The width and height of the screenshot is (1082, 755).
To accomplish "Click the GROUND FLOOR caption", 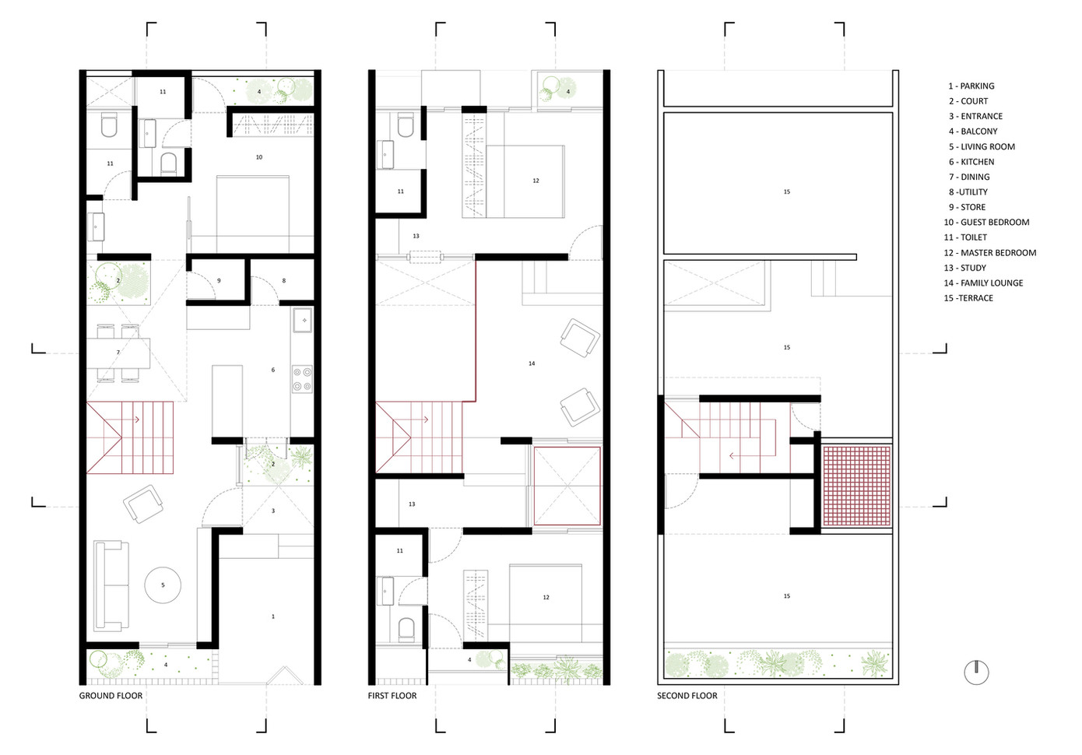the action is (111, 696).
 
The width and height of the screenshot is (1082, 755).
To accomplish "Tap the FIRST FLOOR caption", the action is (392, 696).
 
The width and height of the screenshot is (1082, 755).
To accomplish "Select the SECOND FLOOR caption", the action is (687, 696).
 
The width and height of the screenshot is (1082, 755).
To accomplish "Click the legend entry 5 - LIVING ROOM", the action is (982, 146).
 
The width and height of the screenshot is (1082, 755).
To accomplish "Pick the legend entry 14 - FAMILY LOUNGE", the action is (983, 283).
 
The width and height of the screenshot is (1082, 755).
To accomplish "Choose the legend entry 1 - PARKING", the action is (971, 86).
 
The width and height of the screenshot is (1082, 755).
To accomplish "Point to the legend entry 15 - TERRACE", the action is (968, 298).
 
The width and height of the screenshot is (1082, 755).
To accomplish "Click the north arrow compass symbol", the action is (976, 672).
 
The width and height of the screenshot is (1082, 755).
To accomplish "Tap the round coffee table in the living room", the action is (163, 585).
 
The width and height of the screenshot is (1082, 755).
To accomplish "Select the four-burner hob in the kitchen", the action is (302, 379).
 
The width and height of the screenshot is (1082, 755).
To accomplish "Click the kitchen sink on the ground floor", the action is (302, 320).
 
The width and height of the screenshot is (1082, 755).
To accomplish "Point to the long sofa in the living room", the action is (111, 586).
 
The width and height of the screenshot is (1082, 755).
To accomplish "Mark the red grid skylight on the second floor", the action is (856, 486).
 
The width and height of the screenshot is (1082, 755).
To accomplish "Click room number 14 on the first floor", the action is (532, 363).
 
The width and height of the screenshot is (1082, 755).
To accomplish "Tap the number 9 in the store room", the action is (219, 281).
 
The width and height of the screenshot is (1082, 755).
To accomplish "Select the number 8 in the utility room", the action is (283, 281).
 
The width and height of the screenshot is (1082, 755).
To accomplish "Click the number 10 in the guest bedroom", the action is (259, 157).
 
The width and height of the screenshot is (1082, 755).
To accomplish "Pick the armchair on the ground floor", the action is (143, 504).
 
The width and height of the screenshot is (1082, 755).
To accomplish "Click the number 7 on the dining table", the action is (118, 352).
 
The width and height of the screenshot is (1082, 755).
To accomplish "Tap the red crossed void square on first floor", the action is (567, 486).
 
